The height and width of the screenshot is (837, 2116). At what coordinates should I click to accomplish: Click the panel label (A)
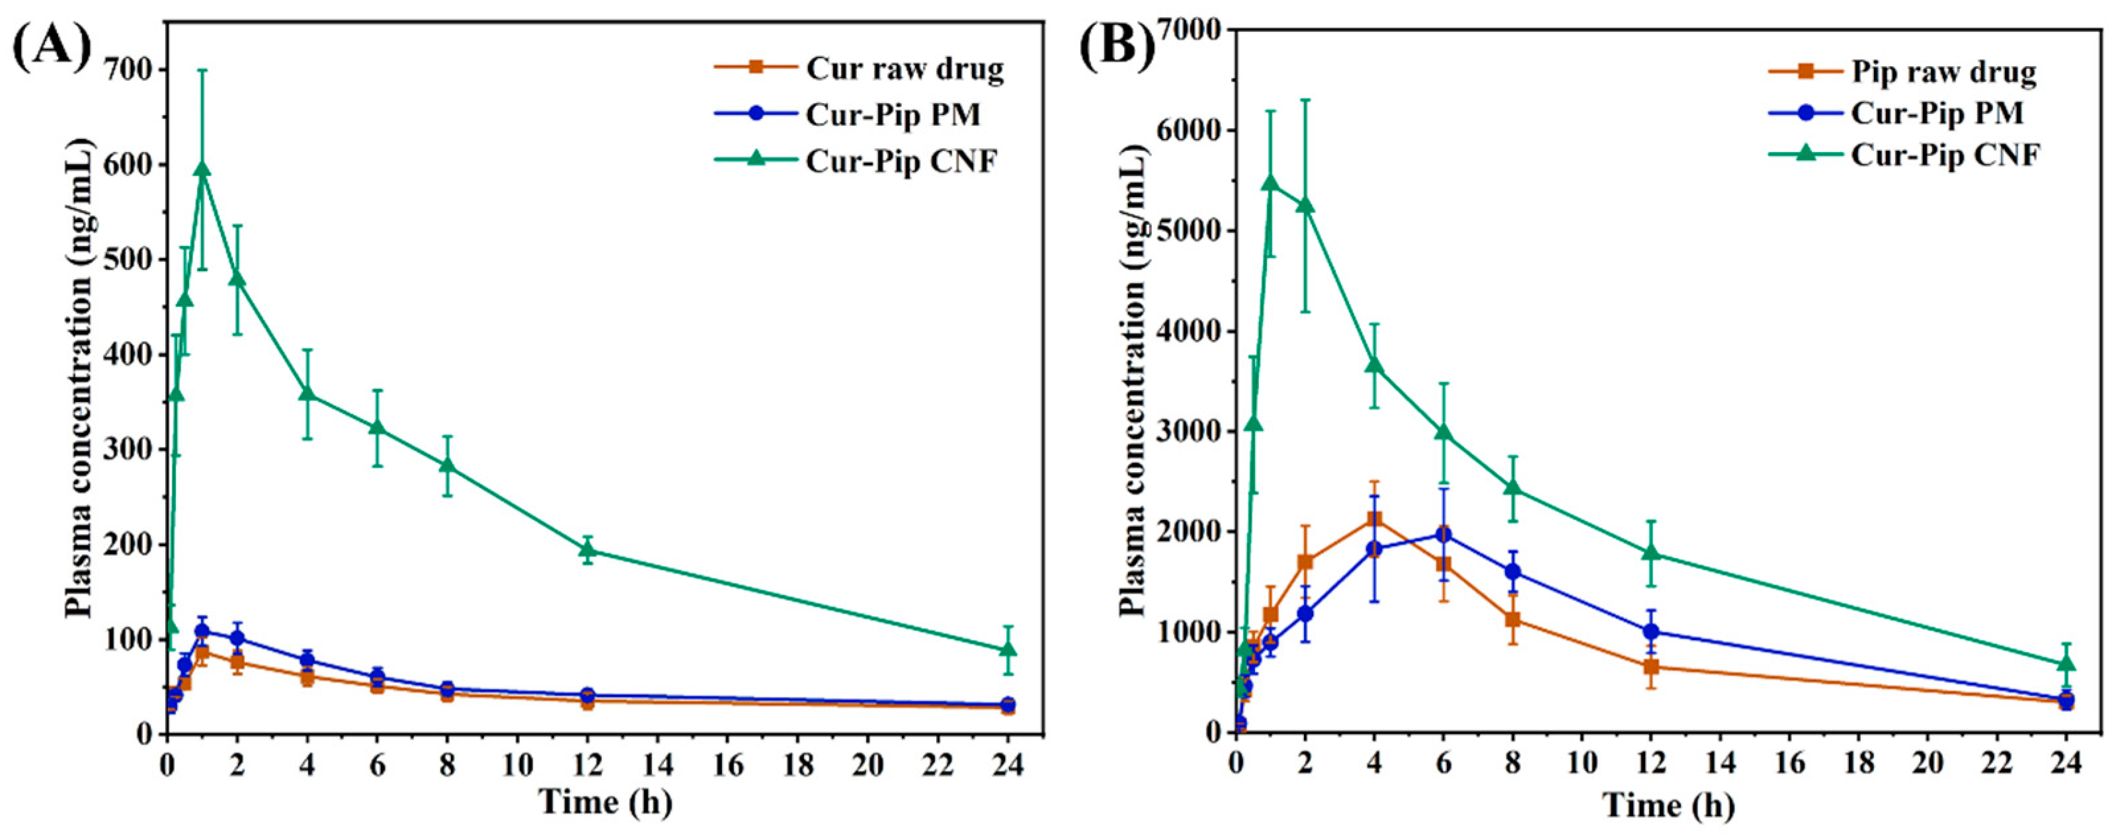51,47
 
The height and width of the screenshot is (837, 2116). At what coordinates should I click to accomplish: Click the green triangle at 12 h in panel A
587,549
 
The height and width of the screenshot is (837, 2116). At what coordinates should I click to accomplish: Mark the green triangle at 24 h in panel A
1008,650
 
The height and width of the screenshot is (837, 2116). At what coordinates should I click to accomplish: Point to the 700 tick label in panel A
131,71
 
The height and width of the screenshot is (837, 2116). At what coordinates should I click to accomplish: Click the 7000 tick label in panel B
1190,30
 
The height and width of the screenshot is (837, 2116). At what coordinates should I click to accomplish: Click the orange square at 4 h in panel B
1374,519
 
